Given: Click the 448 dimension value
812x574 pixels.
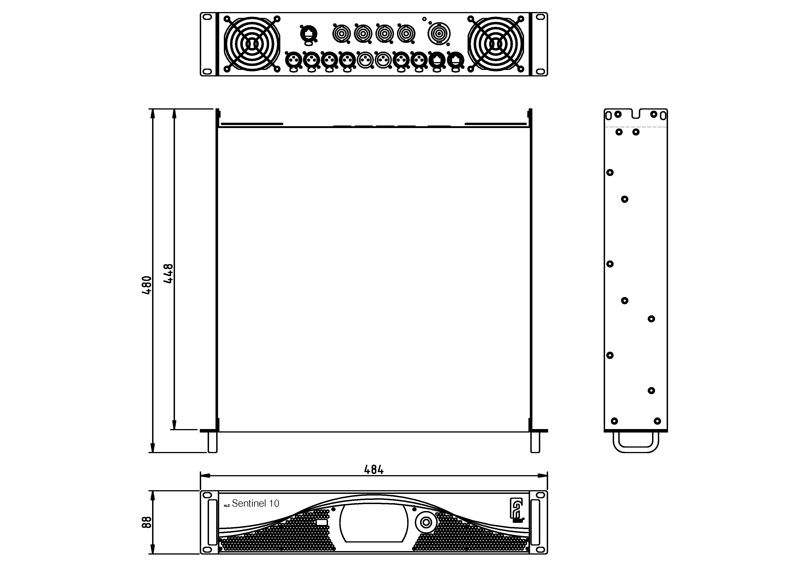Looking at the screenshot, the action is pyautogui.click(x=168, y=273).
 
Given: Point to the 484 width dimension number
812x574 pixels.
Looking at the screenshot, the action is pyautogui.click(x=374, y=470).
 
